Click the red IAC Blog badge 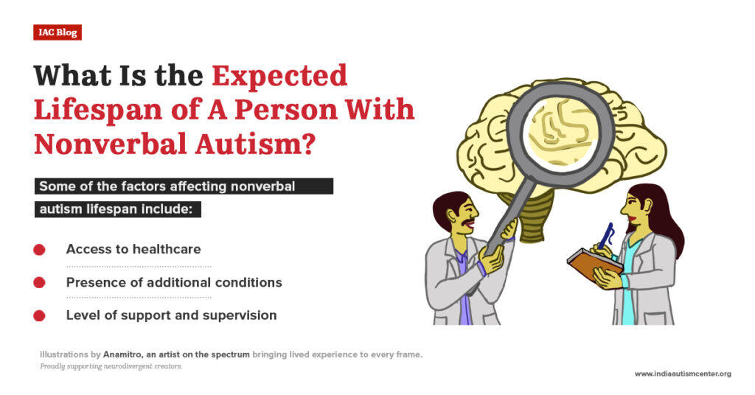coord(58,32)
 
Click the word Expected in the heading coord(279,76)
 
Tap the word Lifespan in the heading coord(98,111)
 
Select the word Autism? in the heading coord(255,144)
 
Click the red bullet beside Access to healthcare coord(40,250)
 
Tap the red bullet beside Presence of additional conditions coord(40,282)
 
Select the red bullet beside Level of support coord(40,315)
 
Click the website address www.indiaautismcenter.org coord(683,374)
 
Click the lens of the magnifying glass coord(561,133)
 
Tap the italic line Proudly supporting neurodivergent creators coord(111,366)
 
